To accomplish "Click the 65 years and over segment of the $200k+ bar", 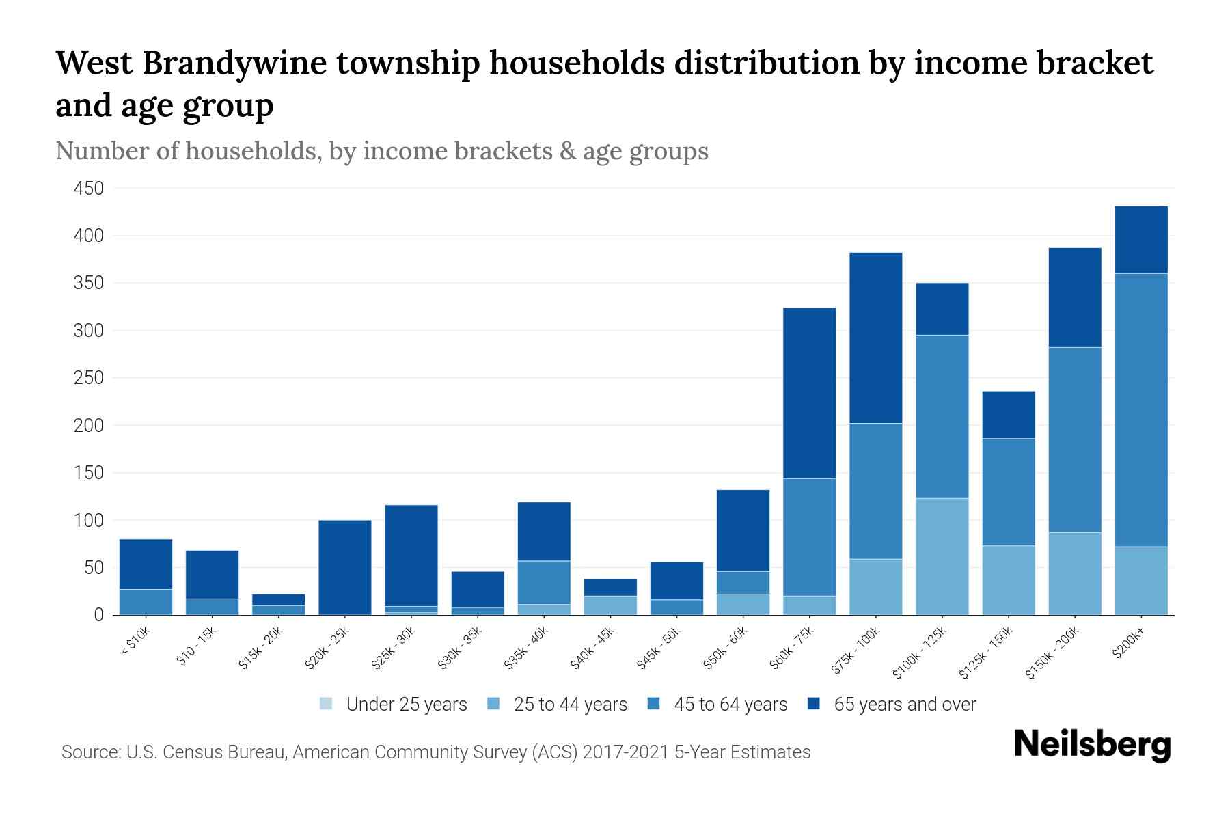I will click(1141, 239).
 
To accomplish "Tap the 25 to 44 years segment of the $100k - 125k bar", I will click(942, 556).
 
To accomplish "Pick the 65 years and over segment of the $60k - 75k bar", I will click(809, 393).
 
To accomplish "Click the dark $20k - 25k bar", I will click(345, 567).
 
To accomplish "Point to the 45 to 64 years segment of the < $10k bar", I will click(146, 601).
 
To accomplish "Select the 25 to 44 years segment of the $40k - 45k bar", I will click(610, 605).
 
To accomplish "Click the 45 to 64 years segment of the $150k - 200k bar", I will click(1075, 439).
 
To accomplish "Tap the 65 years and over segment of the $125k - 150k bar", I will click(1009, 415).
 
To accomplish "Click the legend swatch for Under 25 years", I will click(327, 704).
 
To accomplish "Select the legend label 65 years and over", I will click(905, 705).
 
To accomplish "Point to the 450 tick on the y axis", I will click(88, 189).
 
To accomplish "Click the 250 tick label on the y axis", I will click(88, 378).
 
